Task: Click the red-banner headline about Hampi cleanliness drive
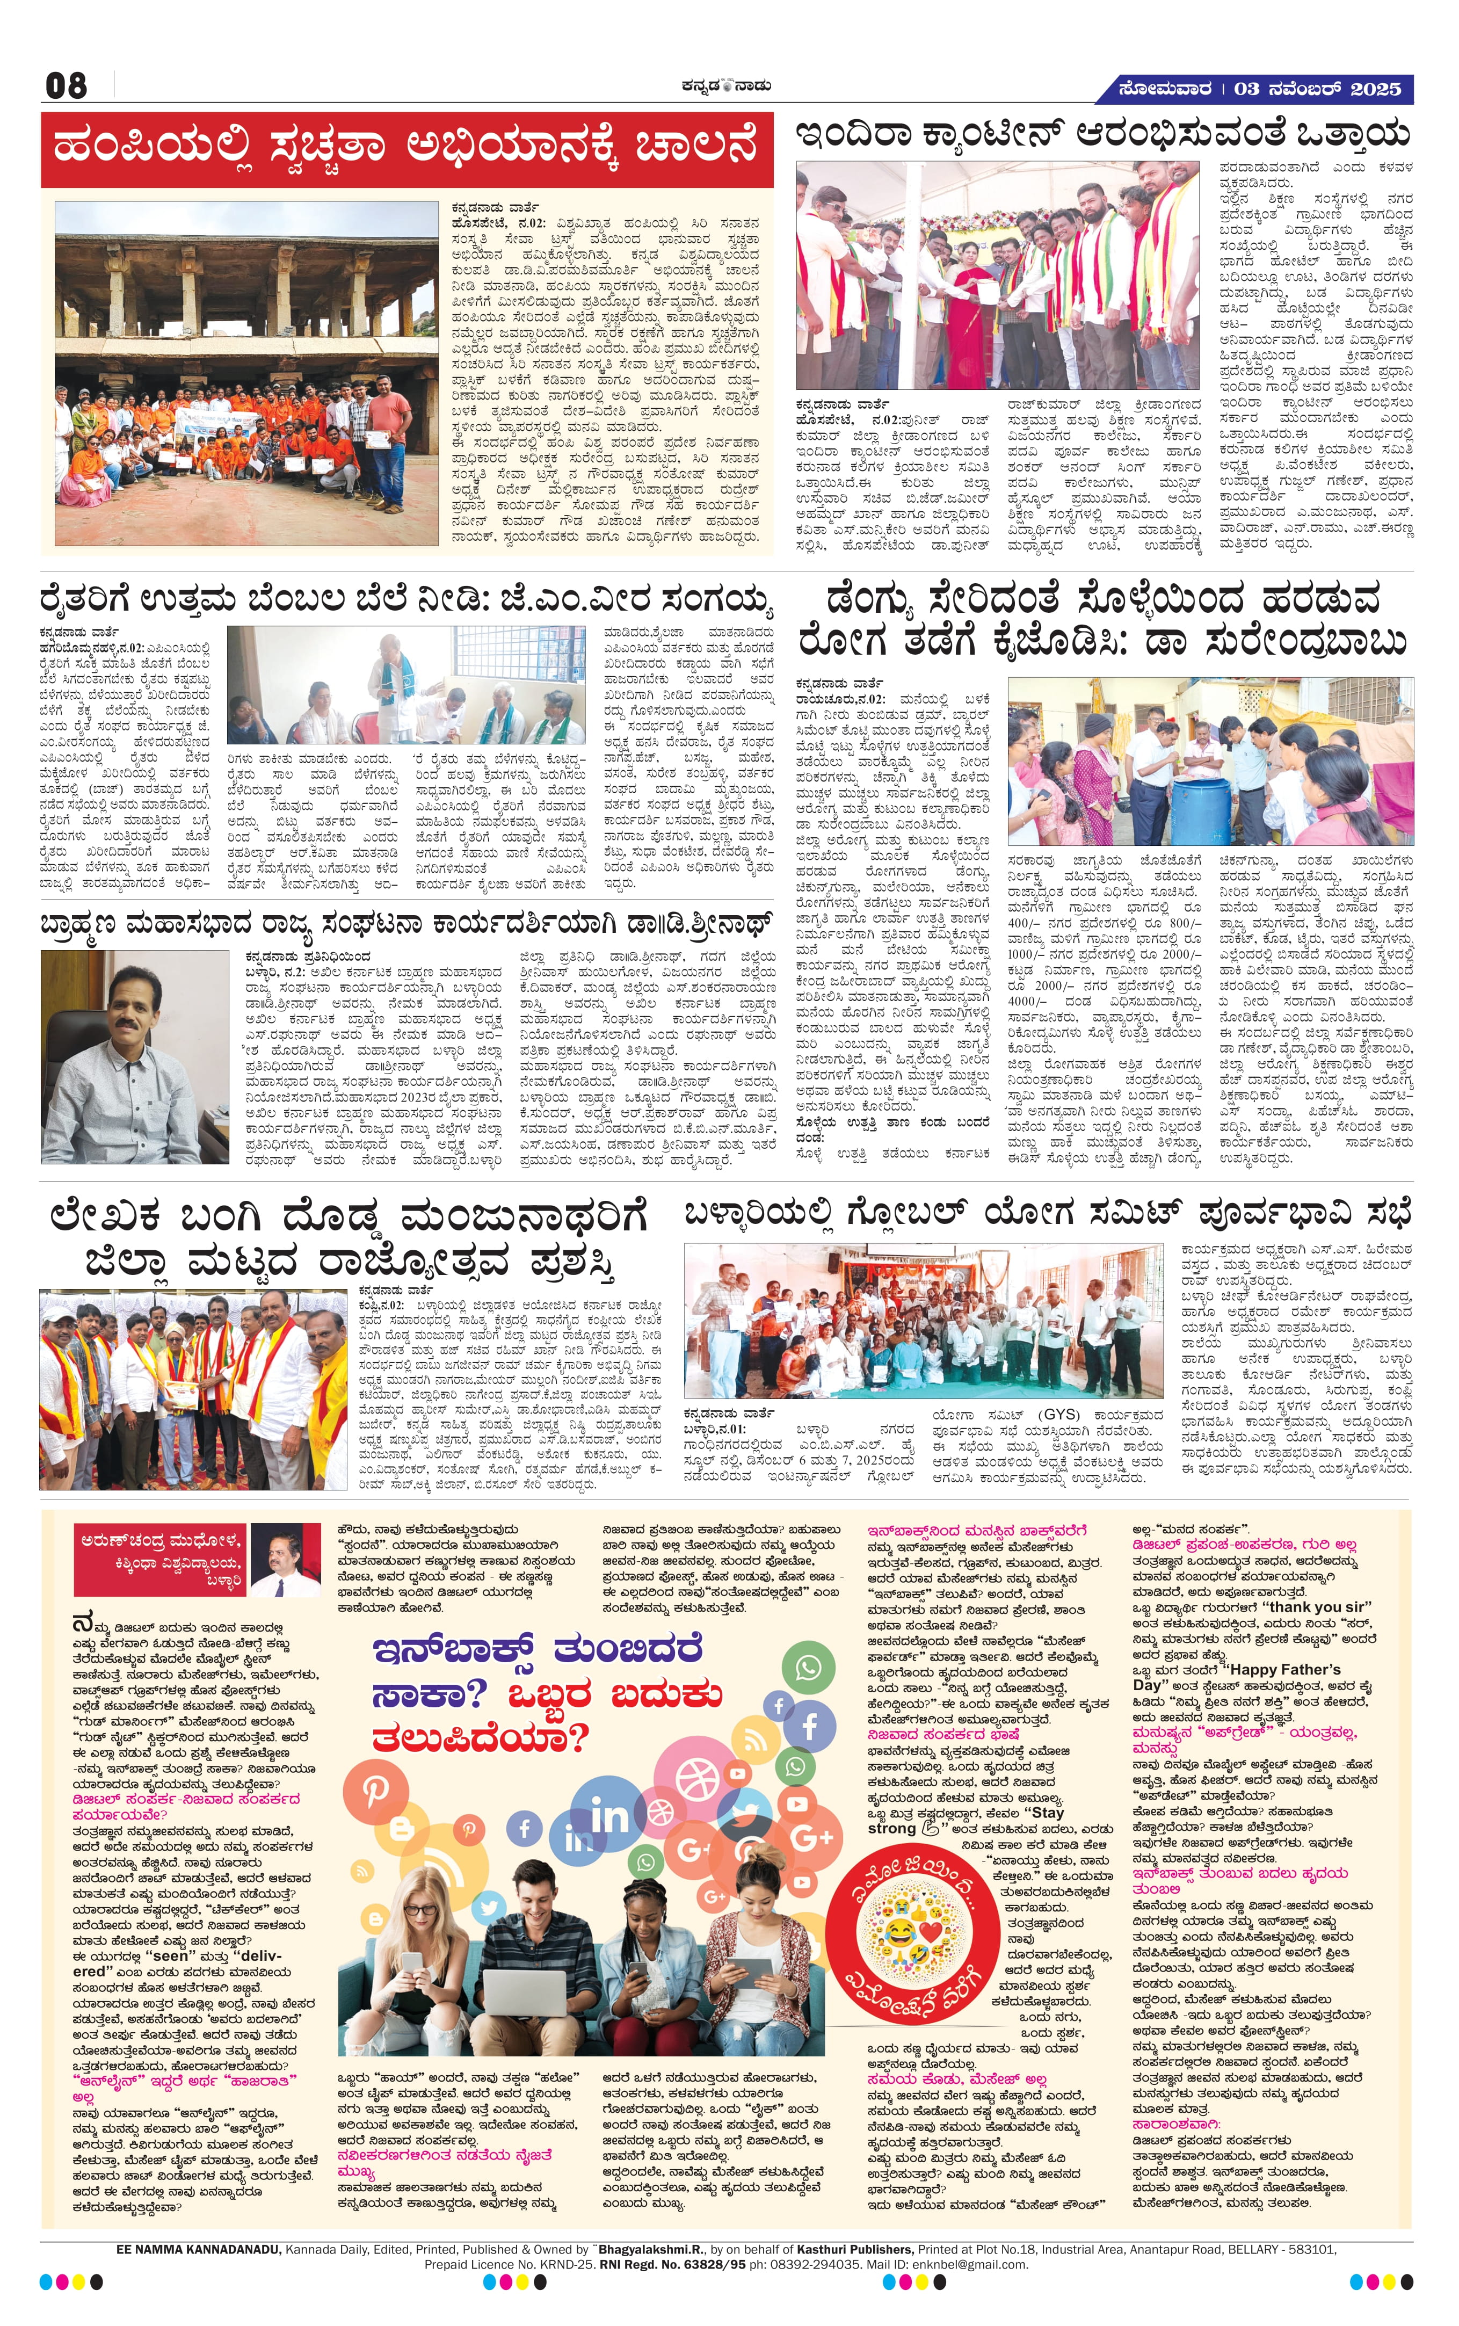tap(407, 149)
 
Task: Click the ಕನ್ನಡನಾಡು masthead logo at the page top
tap(724, 86)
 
